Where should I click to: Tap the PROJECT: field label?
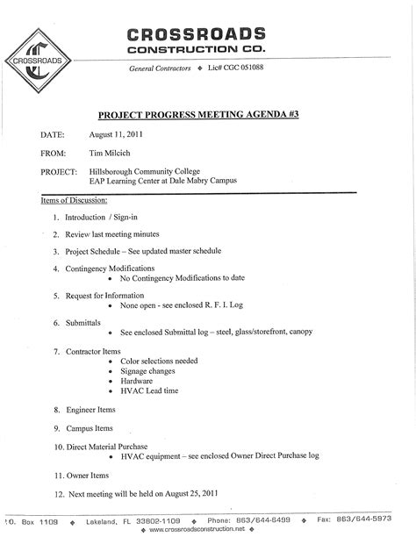[61, 171]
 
